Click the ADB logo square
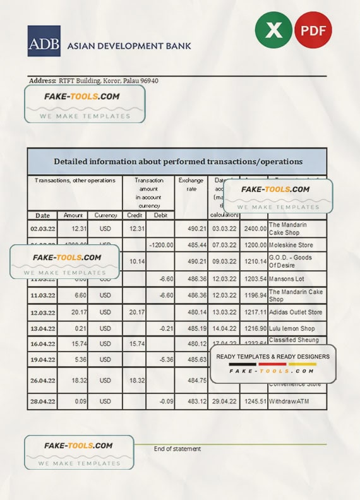click(44, 41)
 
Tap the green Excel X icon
click(273, 30)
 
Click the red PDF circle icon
click(313, 30)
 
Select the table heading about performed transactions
click(177, 162)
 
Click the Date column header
click(42, 215)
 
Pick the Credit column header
click(135, 215)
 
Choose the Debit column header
click(160, 215)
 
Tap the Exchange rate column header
click(191, 184)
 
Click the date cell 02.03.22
click(42, 228)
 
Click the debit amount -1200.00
click(160, 245)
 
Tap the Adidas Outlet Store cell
click(296, 312)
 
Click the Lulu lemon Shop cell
click(292, 329)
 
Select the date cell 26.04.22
click(42, 381)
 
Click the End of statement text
click(177, 449)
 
